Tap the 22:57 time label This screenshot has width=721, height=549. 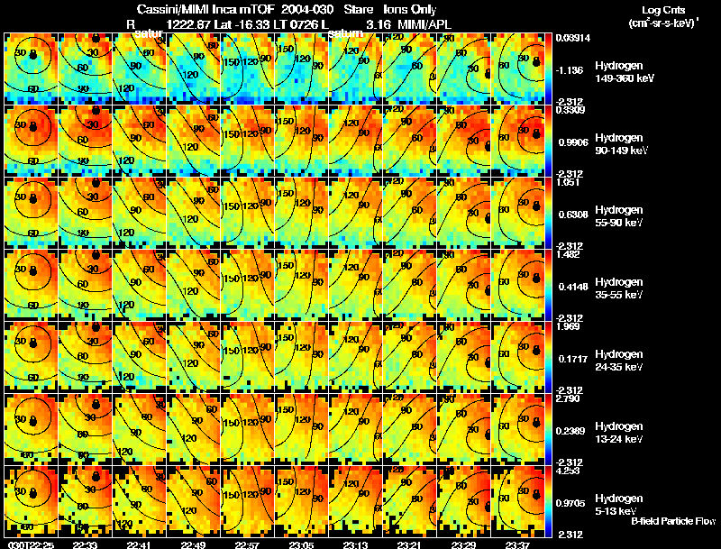[x=247, y=544]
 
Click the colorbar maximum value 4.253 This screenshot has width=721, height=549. [x=569, y=470]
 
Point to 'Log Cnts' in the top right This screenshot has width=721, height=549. [x=661, y=8]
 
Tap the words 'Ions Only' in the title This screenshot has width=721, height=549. [x=411, y=9]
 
